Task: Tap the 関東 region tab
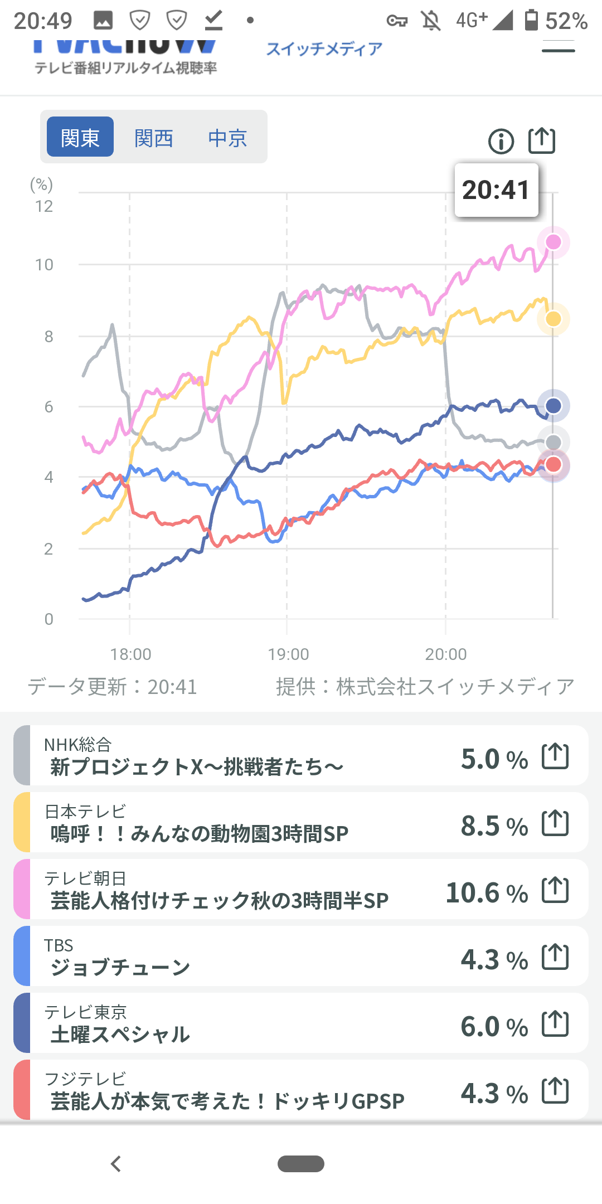tap(80, 137)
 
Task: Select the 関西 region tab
tap(154, 137)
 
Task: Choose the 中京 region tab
tap(227, 137)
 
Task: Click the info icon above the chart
tap(501, 141)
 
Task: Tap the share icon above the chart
tap(541, 140)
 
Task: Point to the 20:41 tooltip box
tap(496, 190)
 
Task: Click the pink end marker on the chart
tap(553, 242)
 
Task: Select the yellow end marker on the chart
tap(553, 319)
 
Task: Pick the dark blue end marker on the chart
tap(553, 405)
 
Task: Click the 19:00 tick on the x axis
tap(288, 654)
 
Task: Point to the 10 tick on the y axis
tap(45, 265)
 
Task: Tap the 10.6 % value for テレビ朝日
tap(487, 892)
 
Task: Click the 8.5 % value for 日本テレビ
tap(494, 826)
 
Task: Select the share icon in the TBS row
tap(555, 957)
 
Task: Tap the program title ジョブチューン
tap(120, 967)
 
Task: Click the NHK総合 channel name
tap(78, 744)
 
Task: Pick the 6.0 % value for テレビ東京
tap(494, 1026)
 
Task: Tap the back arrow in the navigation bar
tap(116, 1164)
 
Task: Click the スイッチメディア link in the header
tap(324, 49)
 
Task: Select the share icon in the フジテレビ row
tap(555, 1091)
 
